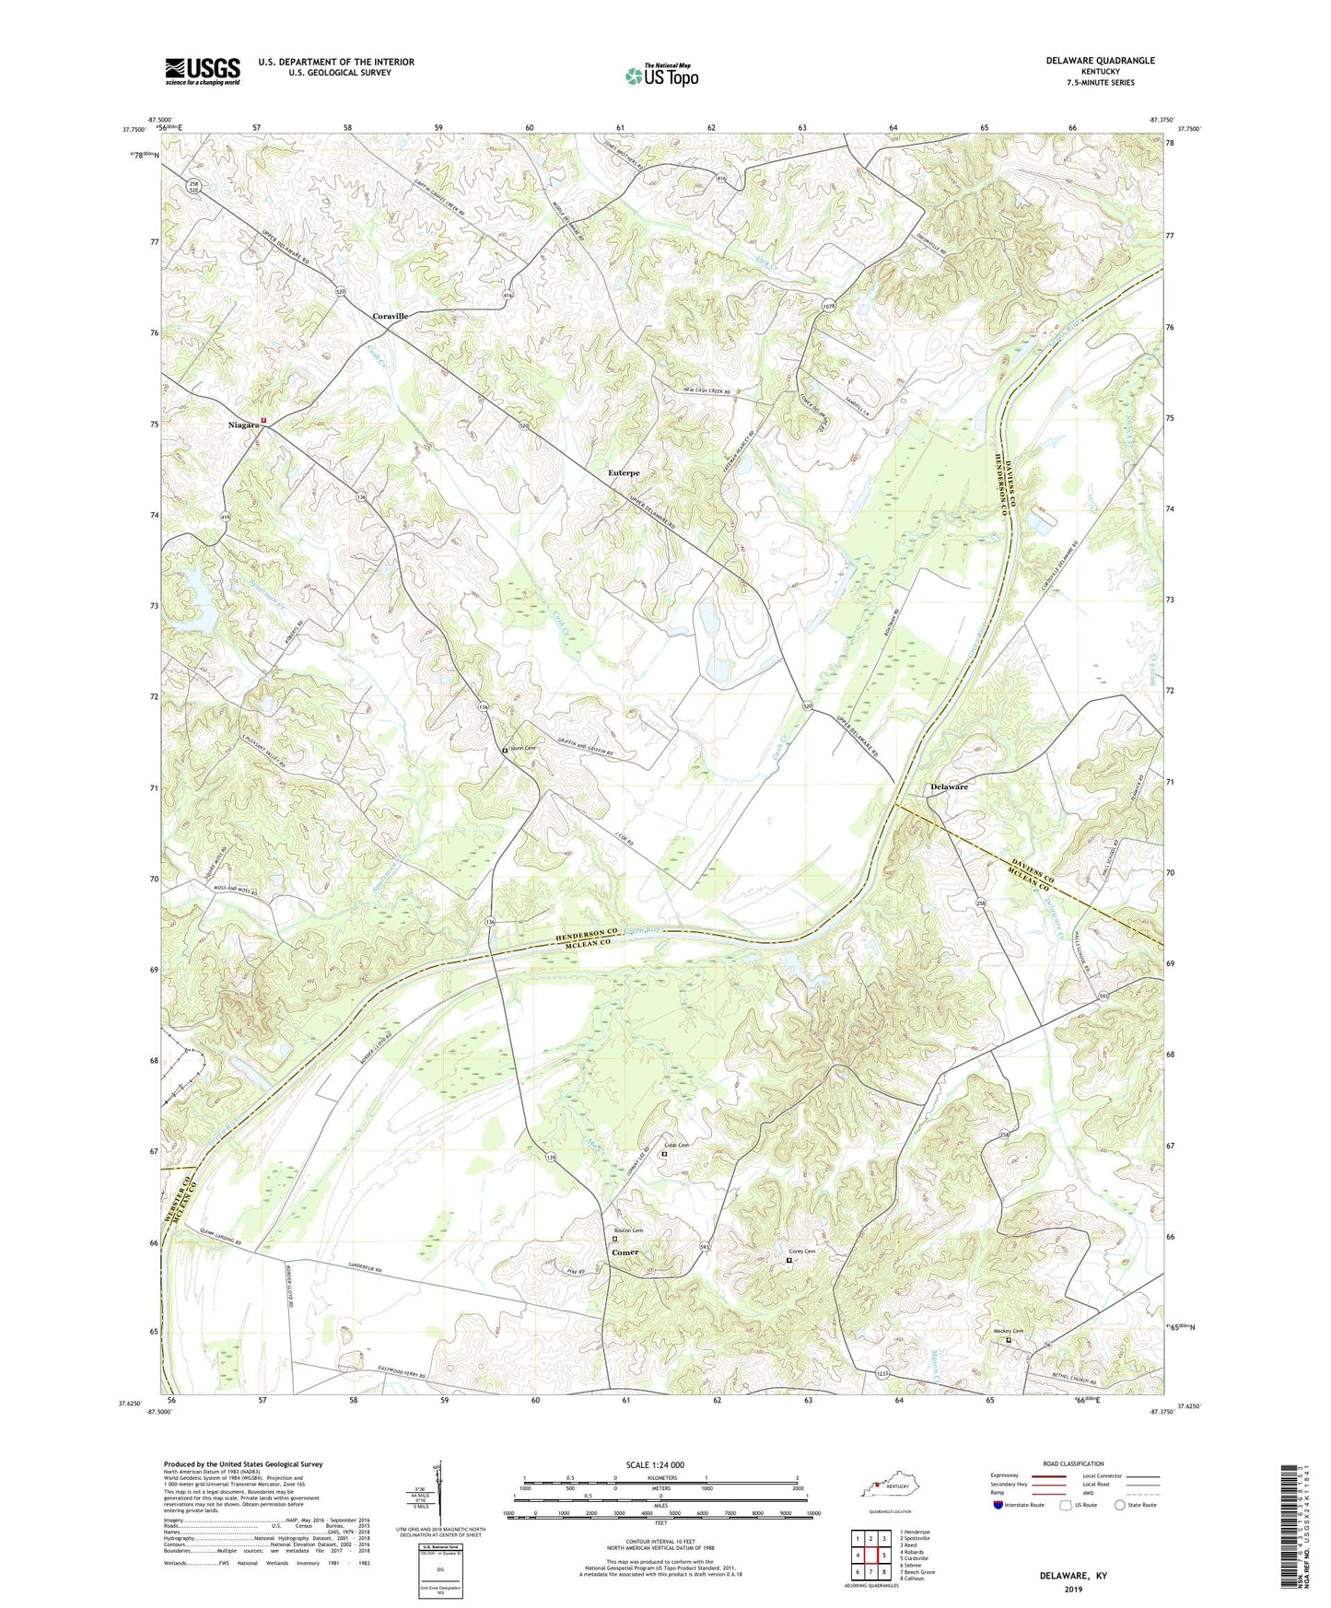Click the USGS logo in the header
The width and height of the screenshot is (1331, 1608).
(x=202, y=70)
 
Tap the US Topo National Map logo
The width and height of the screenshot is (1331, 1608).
(x=661, y=75)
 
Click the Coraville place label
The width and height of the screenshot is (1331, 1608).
(x=390, y=316)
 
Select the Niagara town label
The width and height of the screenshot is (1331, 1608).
(x=243, y=425)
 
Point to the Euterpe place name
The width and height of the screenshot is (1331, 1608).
(x=625, y=472)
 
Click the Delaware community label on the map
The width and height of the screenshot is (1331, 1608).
(x=949, y=787)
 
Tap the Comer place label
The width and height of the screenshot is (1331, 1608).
(x=625, y=1253)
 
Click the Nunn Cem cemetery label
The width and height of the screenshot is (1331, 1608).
(x=523, y=749)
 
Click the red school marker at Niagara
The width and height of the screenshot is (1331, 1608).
(x=263, y=420)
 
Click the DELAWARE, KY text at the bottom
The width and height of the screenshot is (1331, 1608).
(x=1073, y=1576)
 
